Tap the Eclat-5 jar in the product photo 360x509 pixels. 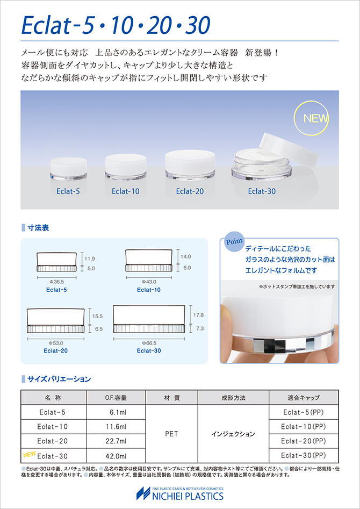(68, 168)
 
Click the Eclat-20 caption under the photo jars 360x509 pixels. (190, 191)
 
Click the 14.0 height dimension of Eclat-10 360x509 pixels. (185, 256)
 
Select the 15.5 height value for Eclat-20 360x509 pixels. (98, 316)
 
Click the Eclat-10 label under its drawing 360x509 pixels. (149, 290)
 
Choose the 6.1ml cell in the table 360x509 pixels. (116, 412)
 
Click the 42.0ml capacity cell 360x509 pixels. (116, 456)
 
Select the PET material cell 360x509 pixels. (172, 434)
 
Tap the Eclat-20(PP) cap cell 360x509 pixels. (304, 441)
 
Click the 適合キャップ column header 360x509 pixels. (304, 397)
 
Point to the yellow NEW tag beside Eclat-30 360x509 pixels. (29, 454)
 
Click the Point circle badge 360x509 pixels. (234, 242)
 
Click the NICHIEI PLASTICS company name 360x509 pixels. (188, 496)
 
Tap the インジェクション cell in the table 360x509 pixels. (233, 434)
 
